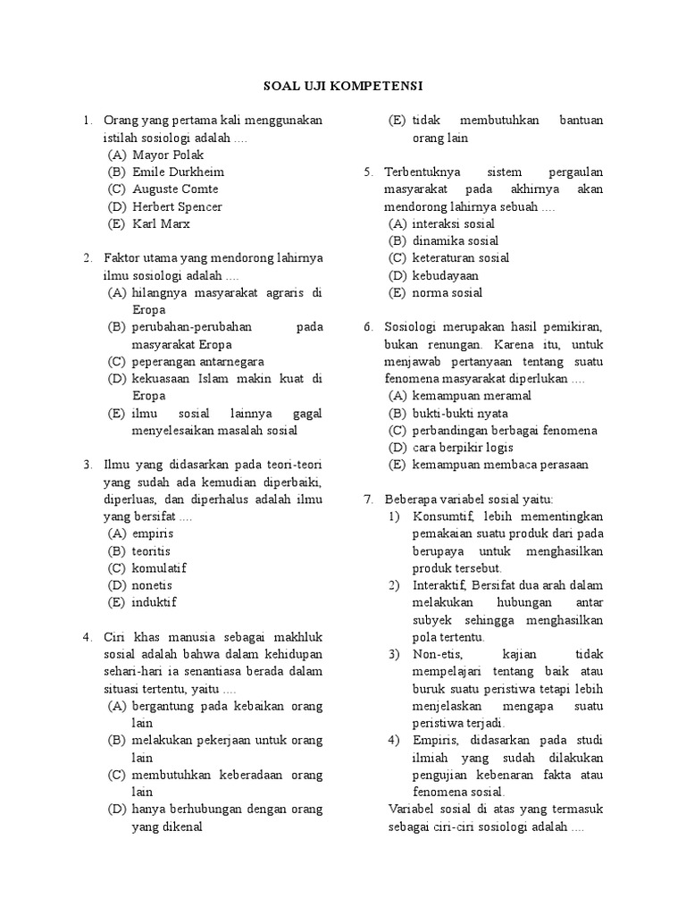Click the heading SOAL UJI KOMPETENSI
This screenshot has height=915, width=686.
click(x=342, y=86)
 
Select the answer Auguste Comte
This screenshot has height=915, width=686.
click(x=175, y=189)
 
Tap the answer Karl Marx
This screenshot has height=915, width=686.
click(x=162, y=224)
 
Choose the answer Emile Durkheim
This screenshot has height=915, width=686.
click(x=178, y=172)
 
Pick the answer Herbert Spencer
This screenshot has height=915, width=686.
click(x=177, y=207)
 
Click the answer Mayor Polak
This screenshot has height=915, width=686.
click(x=168, y=155)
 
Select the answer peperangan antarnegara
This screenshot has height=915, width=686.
click(x=197, y=362)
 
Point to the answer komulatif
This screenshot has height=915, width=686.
click(x=159, y=568)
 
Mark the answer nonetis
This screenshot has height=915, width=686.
click(x=152, y=585)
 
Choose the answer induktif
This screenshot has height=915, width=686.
click(x=154, y=602)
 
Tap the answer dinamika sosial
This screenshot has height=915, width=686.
click(x=456, y=241)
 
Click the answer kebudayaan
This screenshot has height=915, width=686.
click(x=445, y=275)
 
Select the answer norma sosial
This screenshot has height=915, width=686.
click(x=447, y=293)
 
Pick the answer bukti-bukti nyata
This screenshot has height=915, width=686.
click(x=460, y=414)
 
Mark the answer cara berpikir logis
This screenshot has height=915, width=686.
click(x=463, y=448)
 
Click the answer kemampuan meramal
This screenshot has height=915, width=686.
click(x=472, y=396)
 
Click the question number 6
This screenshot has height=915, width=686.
click(x=369, y=327)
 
